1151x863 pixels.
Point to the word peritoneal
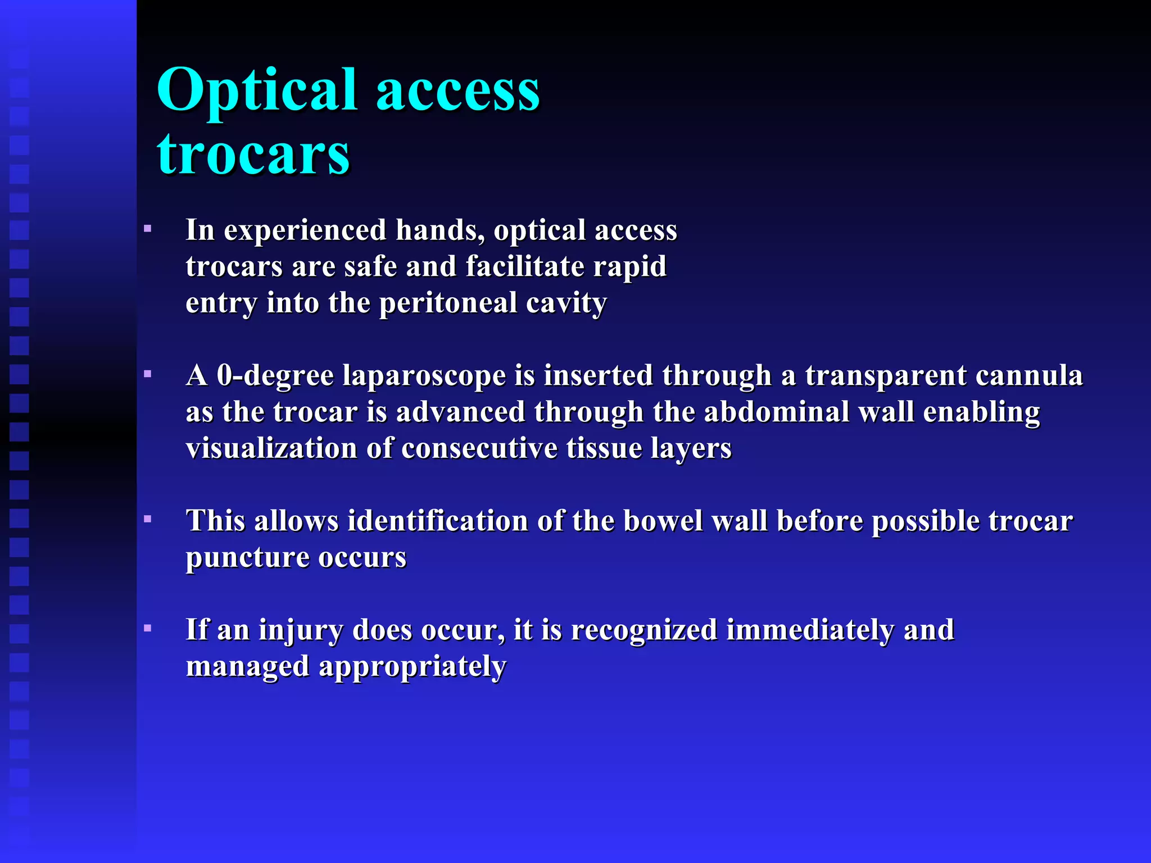pos(448,303)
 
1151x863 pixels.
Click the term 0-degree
pos(275,375)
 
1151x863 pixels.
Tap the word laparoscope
pos(424,375)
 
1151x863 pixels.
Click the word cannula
pos(1029,375)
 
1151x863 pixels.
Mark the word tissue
pos(604,448)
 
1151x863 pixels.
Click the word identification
pos(438,520)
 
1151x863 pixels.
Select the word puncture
pos(247,557)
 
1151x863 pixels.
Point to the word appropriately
pos(413,667)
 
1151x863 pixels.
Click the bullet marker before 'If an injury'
pos(148,628)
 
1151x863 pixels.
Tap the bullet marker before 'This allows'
pos(148,519)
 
